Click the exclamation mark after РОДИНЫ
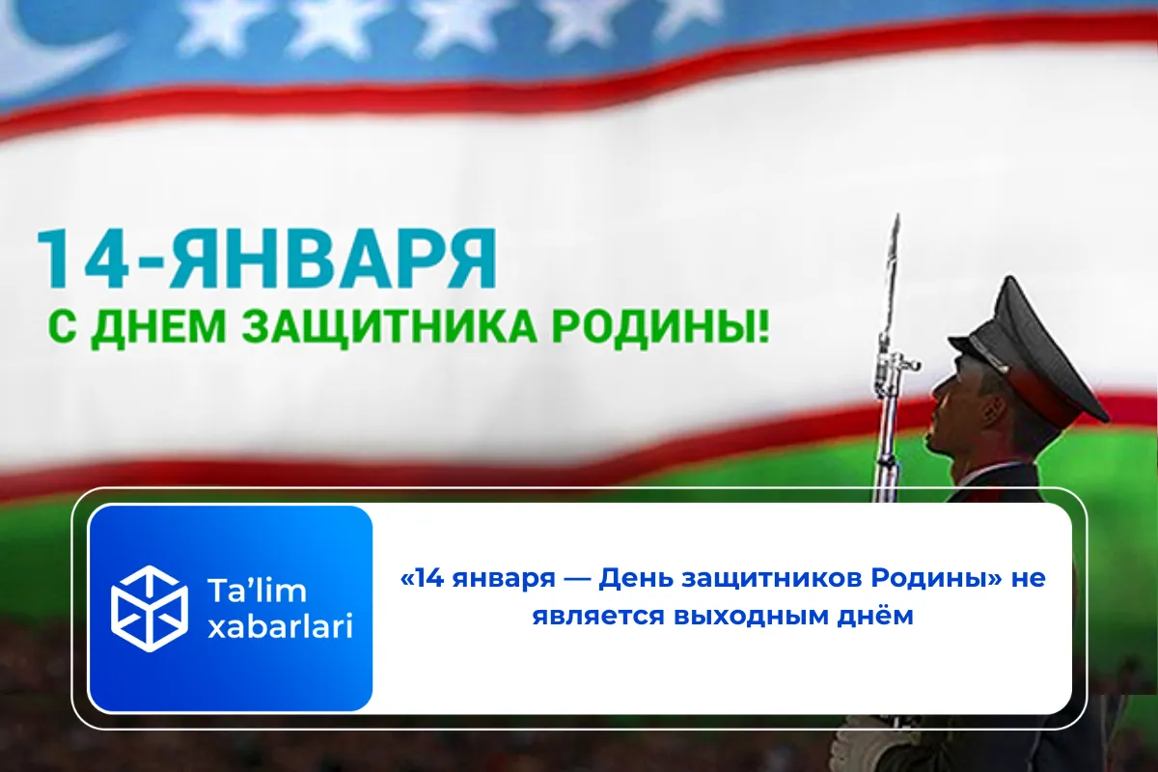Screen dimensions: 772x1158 [x=763, y=328]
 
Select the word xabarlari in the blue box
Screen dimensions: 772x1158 [x=280, y=627]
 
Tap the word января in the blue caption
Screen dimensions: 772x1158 [x=499, y=580]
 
